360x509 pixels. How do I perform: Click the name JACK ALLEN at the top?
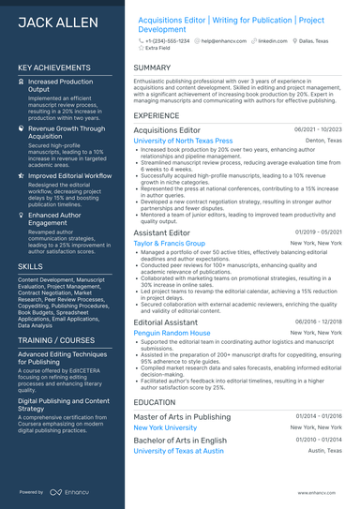point(52,21)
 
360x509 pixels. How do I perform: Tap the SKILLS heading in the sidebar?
point(30,266)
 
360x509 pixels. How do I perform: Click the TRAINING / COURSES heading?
point(56,340)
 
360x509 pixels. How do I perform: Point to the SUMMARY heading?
point(152,68)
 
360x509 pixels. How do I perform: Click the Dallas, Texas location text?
point(311,41)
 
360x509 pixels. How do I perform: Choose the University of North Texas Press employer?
point(183,141)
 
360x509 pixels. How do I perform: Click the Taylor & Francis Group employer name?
point(169,243)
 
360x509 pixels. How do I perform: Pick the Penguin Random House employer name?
point(172,333)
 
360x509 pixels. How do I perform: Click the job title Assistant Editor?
point(161,232)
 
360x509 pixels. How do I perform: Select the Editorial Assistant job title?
point(165,322)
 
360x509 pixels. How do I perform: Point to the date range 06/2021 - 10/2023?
point(318,129)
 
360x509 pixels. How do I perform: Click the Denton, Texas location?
point(323,141)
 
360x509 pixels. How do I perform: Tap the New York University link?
point(165,427)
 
